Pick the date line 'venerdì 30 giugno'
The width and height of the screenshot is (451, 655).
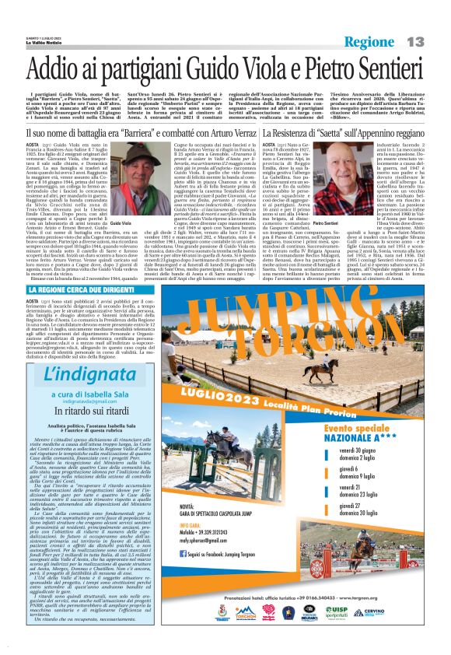(x=386, y=450)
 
